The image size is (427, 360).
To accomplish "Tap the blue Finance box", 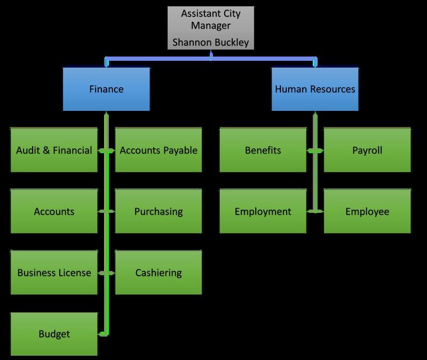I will click(106, 89).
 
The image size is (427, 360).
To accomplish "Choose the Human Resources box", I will click(315, 89).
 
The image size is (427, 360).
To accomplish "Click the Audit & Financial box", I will click(54, 150).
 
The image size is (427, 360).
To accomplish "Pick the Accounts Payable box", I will click(159, 150).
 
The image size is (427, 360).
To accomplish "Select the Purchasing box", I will click(159, 212).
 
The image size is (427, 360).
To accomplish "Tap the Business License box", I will click(54, 273).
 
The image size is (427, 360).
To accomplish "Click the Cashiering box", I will click(159, 273).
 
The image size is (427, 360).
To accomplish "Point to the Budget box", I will click(54, 334).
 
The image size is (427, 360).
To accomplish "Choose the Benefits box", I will click(263, 150).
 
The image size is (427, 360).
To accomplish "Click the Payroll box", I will click(367, 150).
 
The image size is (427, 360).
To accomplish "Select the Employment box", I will click(263, 212).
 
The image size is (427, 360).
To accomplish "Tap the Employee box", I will click(367, 212).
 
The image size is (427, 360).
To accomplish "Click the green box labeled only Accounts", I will click(54, 212).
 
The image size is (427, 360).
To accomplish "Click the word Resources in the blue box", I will click(331, 89).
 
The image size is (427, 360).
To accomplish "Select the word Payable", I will click(178, 150).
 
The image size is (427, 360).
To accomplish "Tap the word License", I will click(74, 273).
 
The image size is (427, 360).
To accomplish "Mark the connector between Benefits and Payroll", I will click(315, 151).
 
